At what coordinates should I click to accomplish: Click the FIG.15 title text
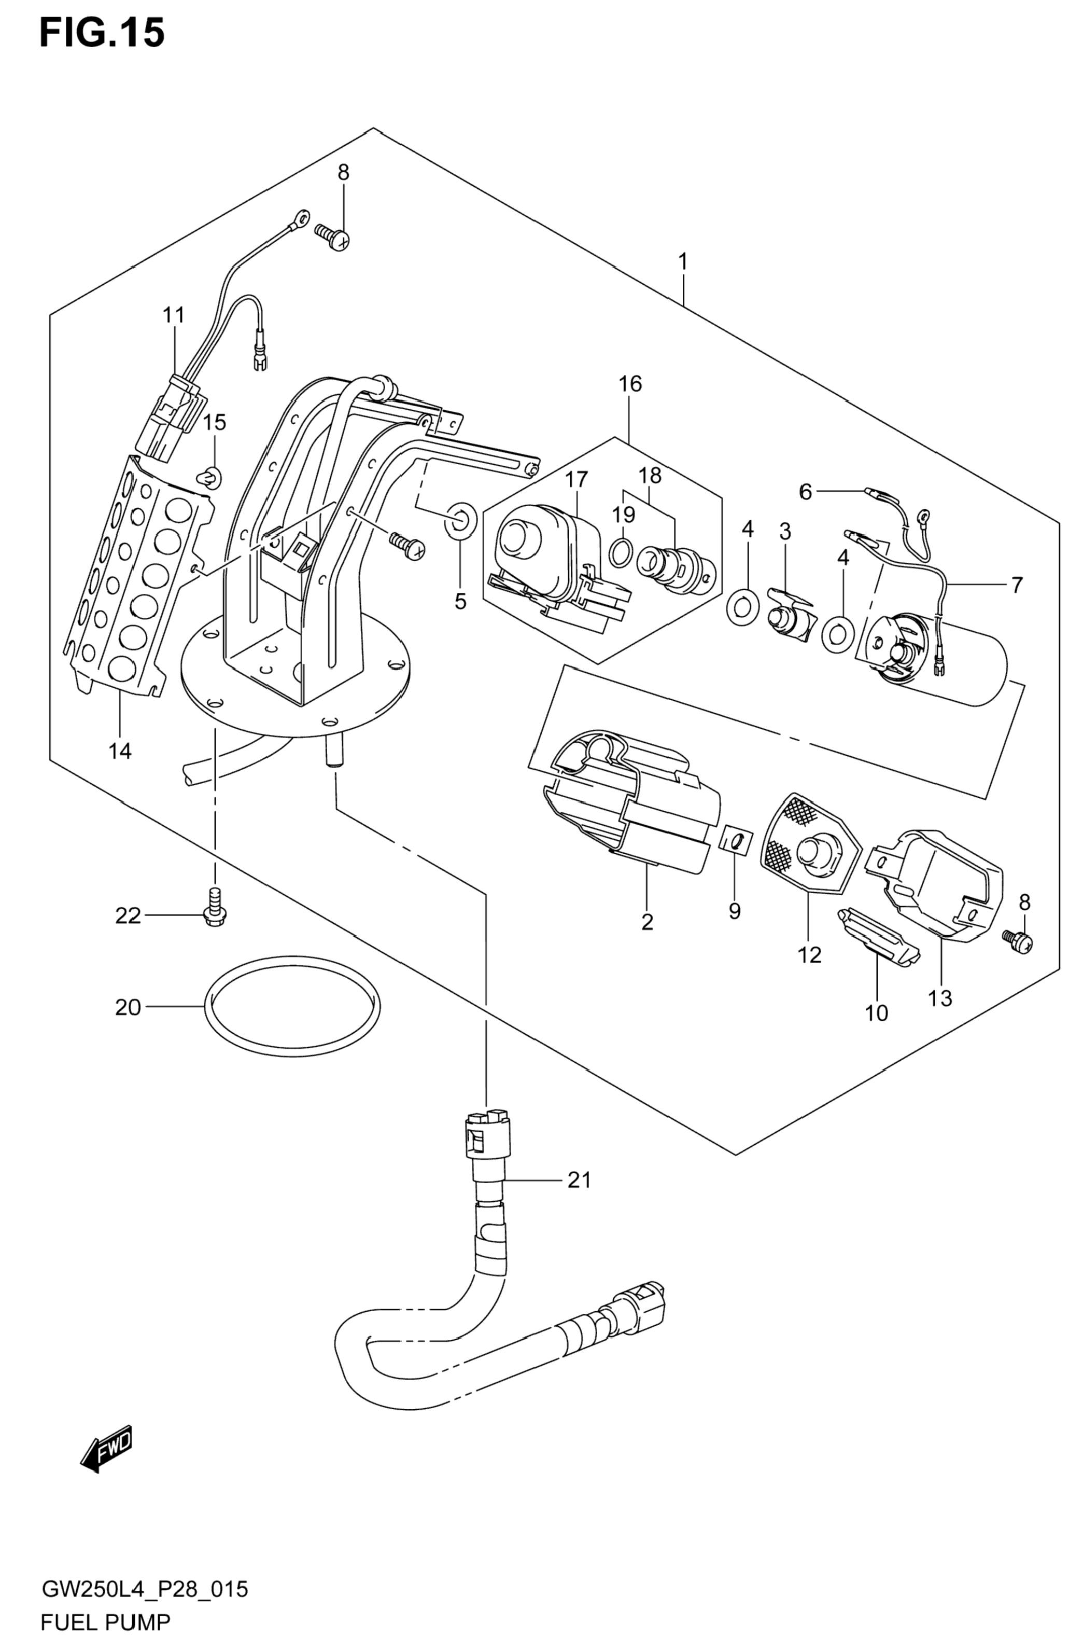(102, 33)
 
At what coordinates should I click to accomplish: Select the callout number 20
(128, 1008)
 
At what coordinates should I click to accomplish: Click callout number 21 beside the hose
(579, 1181)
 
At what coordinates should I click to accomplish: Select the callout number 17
(576, 479)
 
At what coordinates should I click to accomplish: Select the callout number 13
(940, 998)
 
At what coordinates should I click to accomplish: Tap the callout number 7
(1017, 585)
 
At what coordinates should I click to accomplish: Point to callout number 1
(683, 261)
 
